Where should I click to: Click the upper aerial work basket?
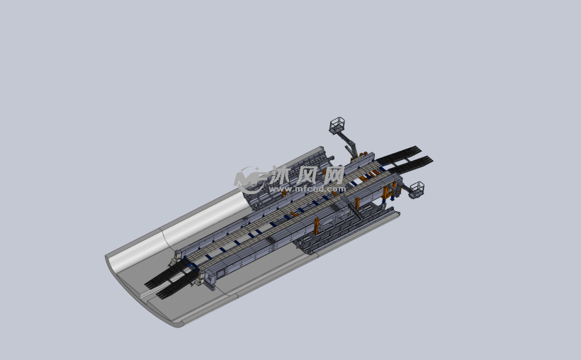[337, 125]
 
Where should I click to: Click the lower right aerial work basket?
[417, 189]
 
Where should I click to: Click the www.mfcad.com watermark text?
[308, 189]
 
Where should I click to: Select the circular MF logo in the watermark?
[248, 180]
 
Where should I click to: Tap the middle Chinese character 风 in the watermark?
[308, 175]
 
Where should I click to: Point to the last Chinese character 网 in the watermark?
[332, 175]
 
